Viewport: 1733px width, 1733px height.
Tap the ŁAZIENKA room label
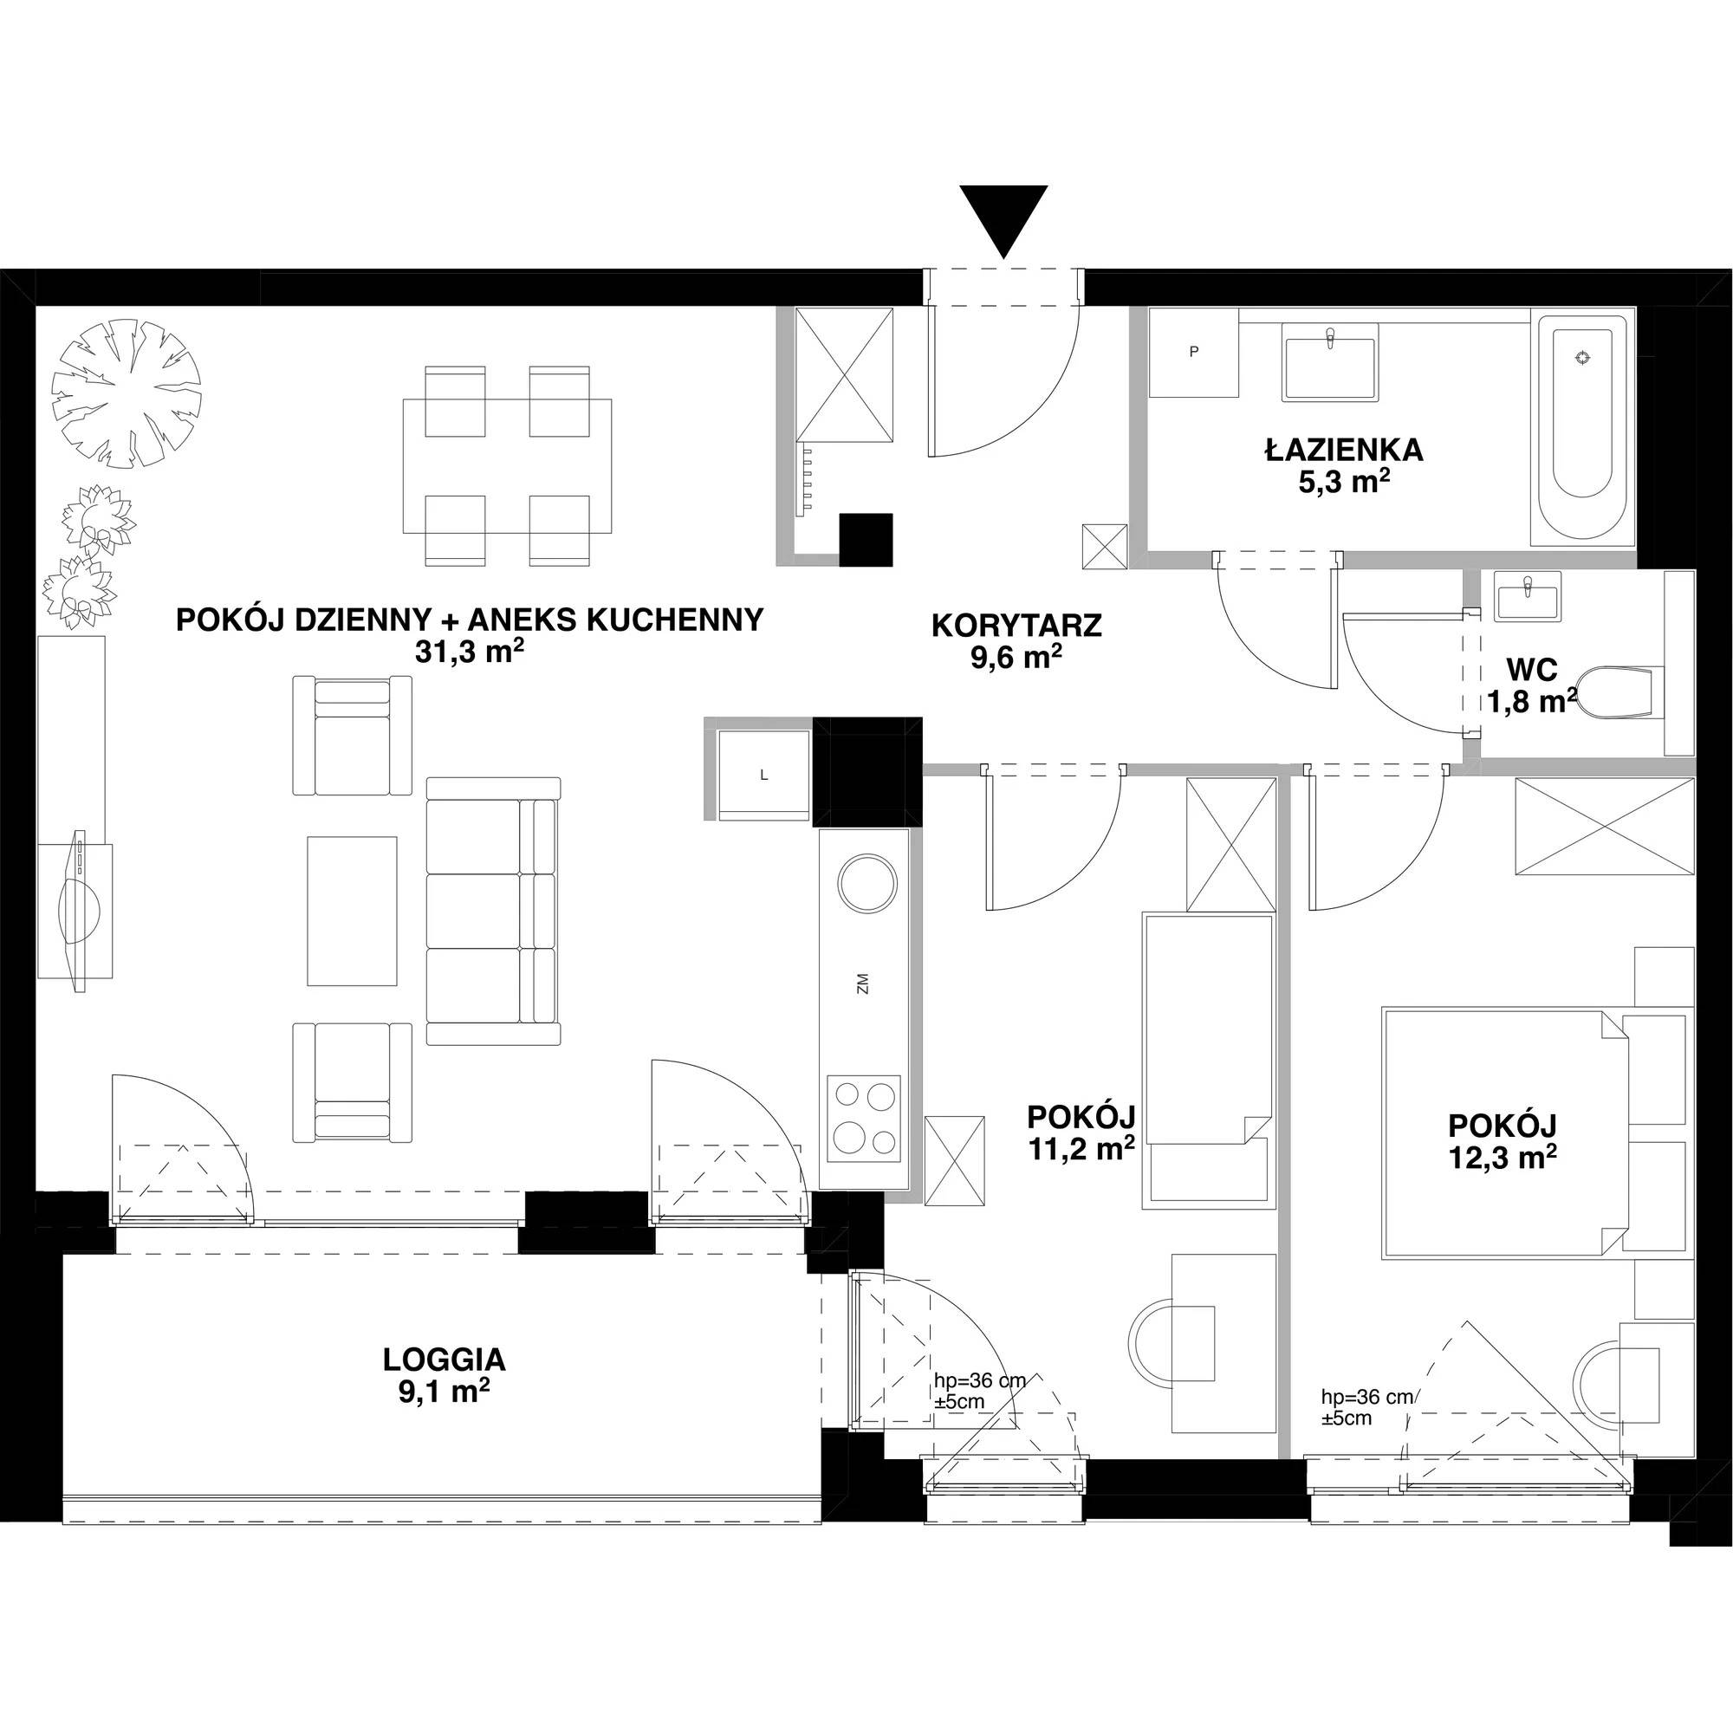click(1344, 451)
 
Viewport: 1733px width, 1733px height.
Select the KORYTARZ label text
click(1016, 626)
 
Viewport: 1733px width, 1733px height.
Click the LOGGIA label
click(444, 1360)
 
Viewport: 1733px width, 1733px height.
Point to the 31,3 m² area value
click(469, 652)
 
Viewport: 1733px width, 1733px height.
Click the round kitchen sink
click(866, 884)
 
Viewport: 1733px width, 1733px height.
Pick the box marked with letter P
click(1194, 353)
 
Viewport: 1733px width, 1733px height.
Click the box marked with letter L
click(764, 775)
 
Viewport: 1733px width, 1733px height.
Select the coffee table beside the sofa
click(352, 911)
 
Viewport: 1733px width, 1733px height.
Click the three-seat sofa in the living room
click(493, 911)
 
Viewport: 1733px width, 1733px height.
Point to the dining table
click(508, 465)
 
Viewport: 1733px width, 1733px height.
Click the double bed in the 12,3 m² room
click(1507, 1132)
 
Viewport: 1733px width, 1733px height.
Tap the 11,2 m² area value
click(1081, 1149)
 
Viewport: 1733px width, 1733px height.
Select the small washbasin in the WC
click(1528, 595)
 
